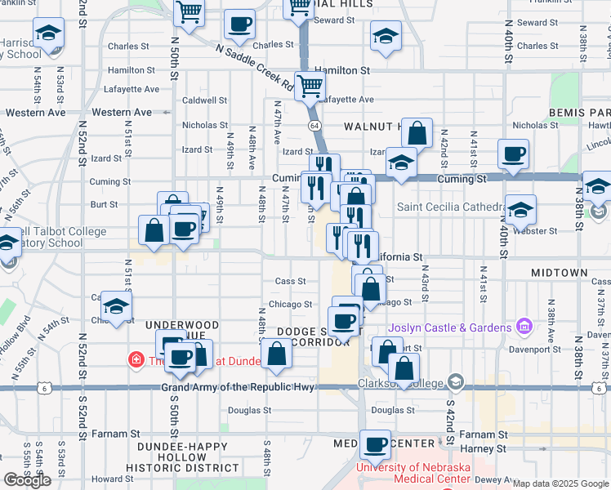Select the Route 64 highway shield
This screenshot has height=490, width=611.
pyautogui.click(x=314, y=125)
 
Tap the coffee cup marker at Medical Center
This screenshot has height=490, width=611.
pyautogui.click(x=376, y=445)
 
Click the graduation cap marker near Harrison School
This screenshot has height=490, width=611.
pyautogui.click(x=48, y=33)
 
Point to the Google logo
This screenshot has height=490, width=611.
pyautogui.click(x=28, y=480)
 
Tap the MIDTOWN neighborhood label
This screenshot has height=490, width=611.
pyautogui.click(x=559, y=272)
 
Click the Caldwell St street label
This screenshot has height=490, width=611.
pyautogui.click(x=204, y=100)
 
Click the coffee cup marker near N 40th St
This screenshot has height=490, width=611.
pyautogui.click(x=513, y=154)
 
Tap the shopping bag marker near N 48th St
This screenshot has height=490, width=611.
pyautogui.click(x=277, y=354)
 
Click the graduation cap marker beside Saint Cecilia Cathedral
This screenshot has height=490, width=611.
pyautogui.click(x=520, y=211)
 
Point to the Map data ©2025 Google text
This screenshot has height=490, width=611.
pyautogui.click(x=560, y=483)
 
